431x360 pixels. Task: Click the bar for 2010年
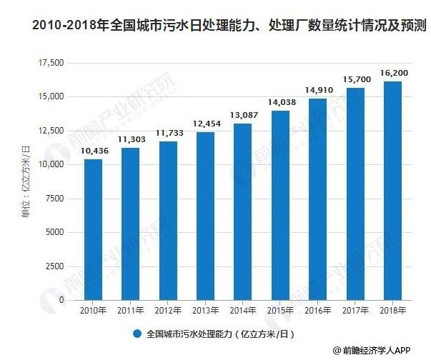coord(93,229)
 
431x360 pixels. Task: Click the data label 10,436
coord(93,150)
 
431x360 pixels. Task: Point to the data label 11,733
coord(168,133)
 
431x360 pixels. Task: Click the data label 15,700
coord(355,79)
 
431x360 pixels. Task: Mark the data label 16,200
coord(393,72)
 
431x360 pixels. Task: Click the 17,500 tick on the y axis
coord(50,64)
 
